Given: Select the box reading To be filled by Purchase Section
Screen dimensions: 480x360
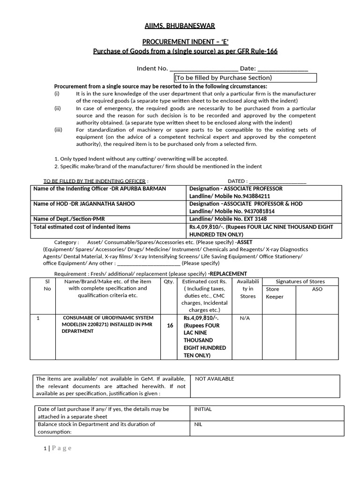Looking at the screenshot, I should (x=245, y=78).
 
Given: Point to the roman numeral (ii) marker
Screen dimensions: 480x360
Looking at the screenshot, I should (x=58, y=108).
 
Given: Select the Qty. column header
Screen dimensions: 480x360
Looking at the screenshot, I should (x=169, y=282).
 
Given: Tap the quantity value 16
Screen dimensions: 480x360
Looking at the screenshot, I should (x=170, y=325).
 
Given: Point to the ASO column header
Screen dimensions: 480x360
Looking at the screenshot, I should (x=317, y=289).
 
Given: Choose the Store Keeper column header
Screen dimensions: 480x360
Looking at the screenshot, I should (x=275, y=293).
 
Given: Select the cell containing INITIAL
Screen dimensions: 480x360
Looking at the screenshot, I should (x=203, y=409).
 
